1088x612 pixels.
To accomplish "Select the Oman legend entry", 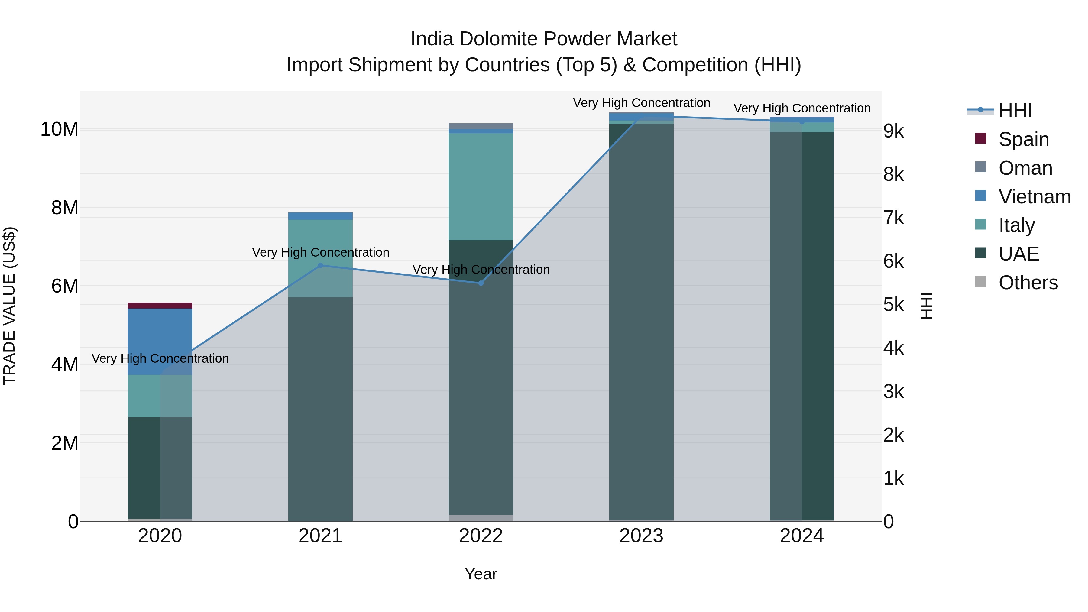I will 1025,168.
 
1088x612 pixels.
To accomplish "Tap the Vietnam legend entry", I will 1034,197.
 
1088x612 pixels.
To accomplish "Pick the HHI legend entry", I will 1015,111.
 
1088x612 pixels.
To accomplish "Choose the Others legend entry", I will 1028,283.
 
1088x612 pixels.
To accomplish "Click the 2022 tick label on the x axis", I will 481,536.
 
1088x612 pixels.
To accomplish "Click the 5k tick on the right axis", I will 893,305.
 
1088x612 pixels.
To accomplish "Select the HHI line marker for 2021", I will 320,266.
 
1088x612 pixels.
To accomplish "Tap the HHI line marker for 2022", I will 481,283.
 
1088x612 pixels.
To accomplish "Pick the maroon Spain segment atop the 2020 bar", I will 160,305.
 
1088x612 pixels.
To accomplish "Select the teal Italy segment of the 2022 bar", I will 481,186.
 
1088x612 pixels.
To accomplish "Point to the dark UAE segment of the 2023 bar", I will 641,321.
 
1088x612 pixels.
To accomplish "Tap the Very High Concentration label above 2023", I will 641,103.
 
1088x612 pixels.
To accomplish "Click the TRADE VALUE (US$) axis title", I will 9,306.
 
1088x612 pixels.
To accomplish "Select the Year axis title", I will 481,574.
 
